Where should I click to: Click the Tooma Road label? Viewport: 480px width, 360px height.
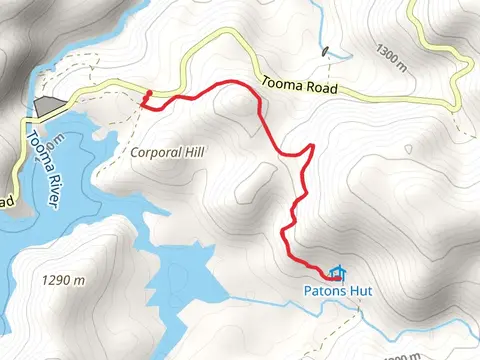(297, 88)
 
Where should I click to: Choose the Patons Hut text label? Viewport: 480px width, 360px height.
(334, 293)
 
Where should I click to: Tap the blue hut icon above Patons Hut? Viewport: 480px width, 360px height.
(337, 272)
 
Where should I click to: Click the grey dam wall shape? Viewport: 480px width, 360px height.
(46, 105)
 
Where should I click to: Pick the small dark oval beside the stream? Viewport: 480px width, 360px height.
(325, 50)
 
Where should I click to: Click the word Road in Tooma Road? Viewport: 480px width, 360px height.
(317, 90)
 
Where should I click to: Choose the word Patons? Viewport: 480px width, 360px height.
(322, 293)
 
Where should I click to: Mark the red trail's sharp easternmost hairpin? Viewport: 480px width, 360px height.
(313, 147)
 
